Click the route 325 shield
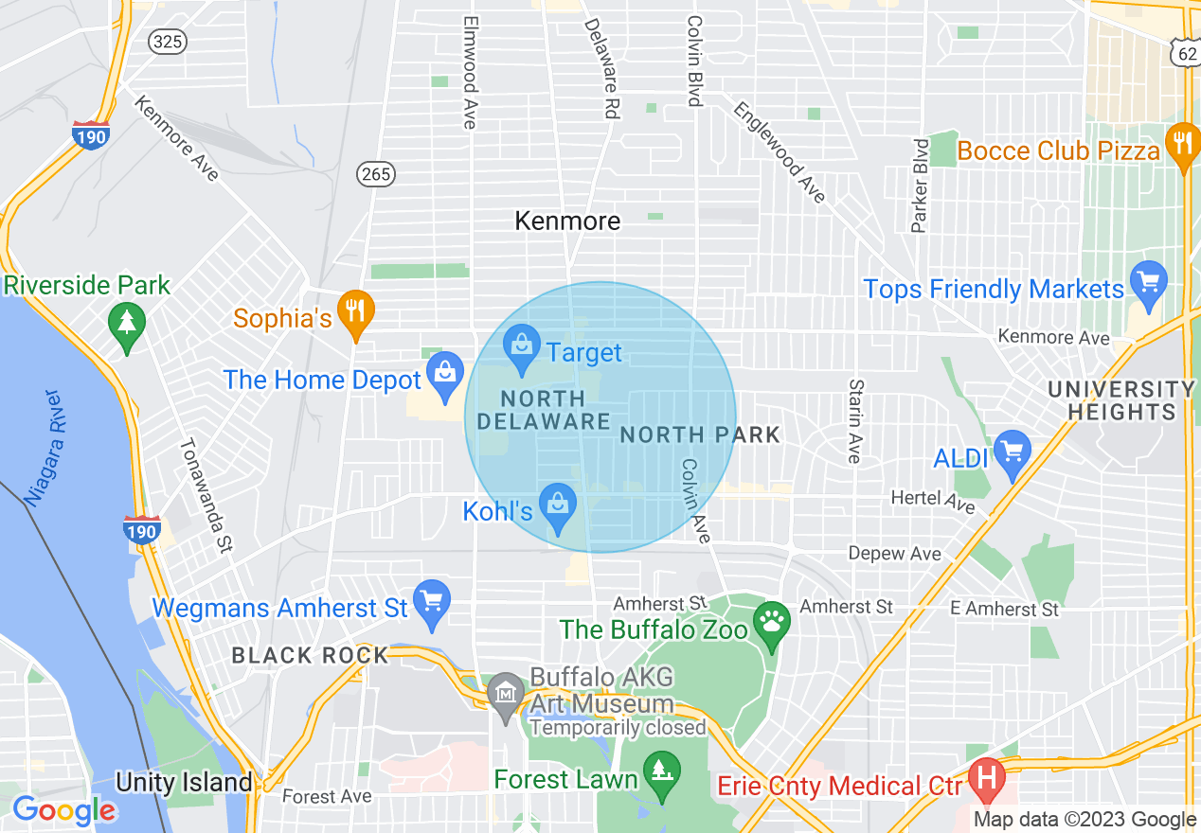[169, 41]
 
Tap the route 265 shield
[376, 173]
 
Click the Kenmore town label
[567, 221]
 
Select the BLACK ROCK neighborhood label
[310, 655]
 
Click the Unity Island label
[184, 782]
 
